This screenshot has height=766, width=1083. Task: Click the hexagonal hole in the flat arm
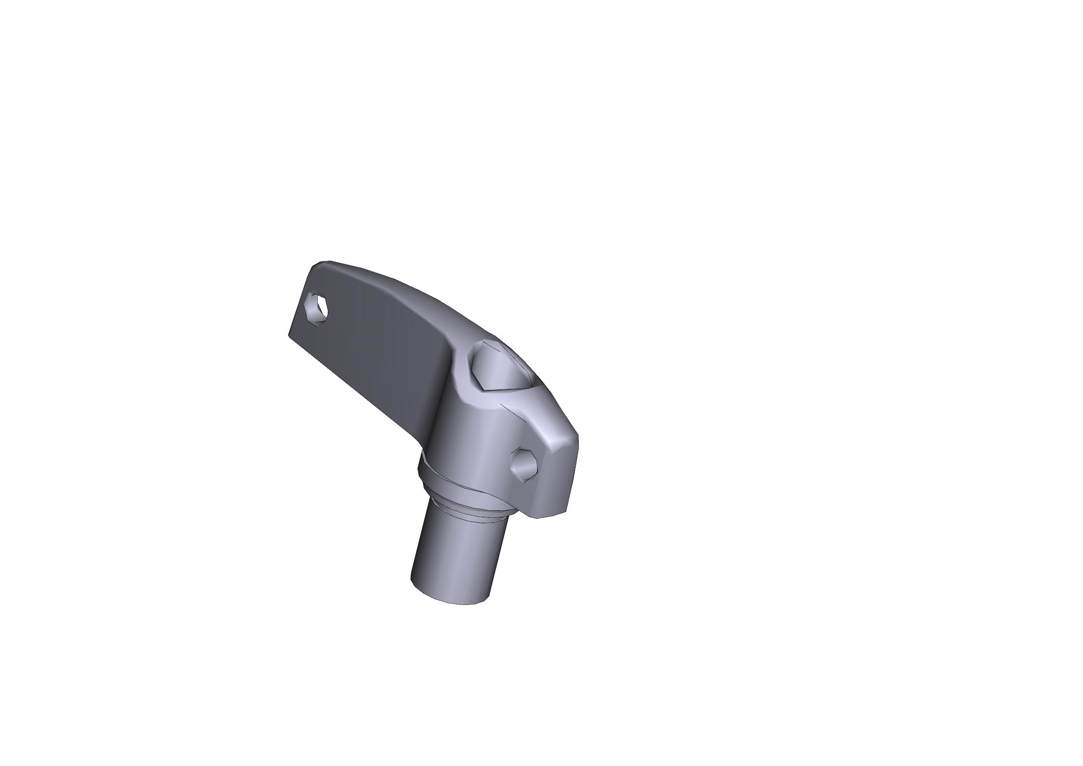(318, 308)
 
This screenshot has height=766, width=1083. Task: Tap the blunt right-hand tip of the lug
(576, 441)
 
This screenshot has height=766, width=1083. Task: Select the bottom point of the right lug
(543, 516)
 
